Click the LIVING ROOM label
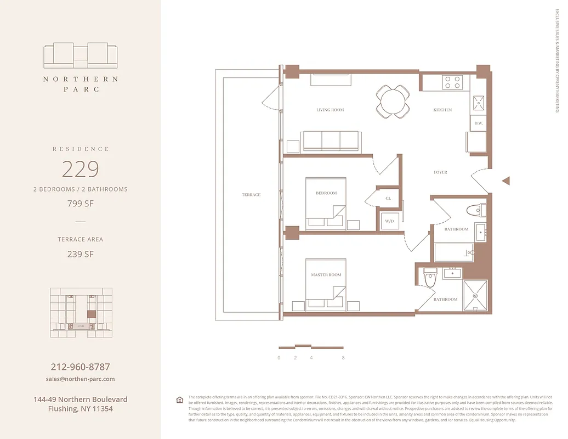click(330, 110)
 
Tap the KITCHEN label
click(442, 110)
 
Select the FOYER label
click(440, 172)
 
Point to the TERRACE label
click(251, 195)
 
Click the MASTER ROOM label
click(326, 274)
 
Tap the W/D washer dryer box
click(390, 221)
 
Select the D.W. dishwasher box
click(478, 123)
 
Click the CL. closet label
click(388, 198)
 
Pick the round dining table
click(393, 102)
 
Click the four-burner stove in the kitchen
click(453, 82)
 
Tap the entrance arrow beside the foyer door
click(507, 181)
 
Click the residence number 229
click(80, 169)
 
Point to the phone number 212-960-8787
click(80, 367)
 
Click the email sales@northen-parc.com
click(80, 379)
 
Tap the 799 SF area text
click(80, 204)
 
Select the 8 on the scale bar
click(343, 358)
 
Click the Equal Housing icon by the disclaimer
click(179, 399)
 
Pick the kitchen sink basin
click(478, 103)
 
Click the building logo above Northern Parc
click(81, 55)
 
